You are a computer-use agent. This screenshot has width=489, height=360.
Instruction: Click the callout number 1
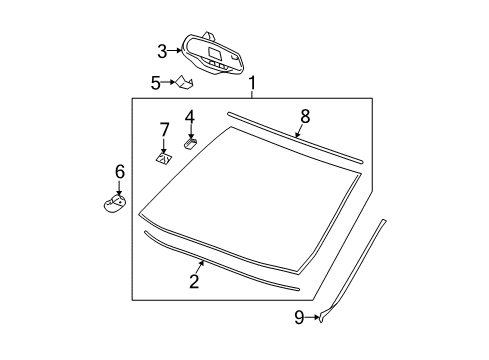pyautogui.click(x=252, y=83)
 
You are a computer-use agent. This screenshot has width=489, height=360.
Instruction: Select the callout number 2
pyautogui.click(x=194, y=281)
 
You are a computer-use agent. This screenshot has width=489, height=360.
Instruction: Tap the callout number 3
pyautogui.click(x=161, y=51)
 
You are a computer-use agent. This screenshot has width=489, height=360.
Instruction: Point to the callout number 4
pyautogui.click(x=189, y=116)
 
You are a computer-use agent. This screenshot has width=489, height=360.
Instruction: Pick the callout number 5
pyautogui.click(x=156, y=83)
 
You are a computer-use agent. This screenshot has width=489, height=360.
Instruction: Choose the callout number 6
pyautogui.click(x=119, y=172)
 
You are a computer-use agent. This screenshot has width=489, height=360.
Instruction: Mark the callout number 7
pyautogui.click(x=166, y=130)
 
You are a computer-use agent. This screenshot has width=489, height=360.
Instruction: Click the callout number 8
pyautogui.click(x=305, y=117)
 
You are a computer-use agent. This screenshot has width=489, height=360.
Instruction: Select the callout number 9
pyautogui.click(x=298, y=318)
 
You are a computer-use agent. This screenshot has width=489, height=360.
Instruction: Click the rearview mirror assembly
pyautogui.click(x=211, y=55)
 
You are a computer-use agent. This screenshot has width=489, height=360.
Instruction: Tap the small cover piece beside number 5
pyautogui.click(x=185, y=83)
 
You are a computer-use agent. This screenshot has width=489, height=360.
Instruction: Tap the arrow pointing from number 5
pyautogui.click(x=169, y=83)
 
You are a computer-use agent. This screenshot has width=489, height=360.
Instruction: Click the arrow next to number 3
pyautogui.click(x=175, y=50)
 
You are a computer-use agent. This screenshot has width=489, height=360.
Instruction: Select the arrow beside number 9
pyautogui.click(x=312, y=318)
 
